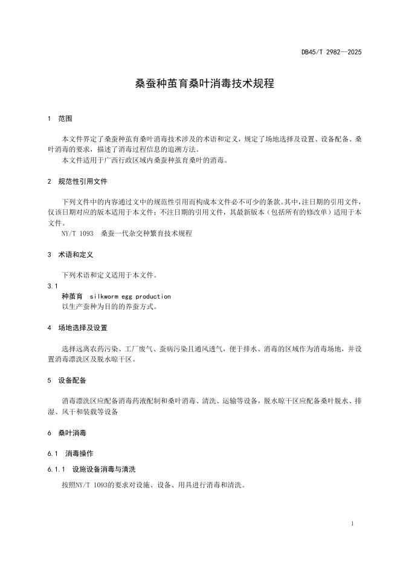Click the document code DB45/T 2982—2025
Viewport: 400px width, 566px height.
coord(332,53)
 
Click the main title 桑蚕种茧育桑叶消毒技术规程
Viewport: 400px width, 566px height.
coord(204,83)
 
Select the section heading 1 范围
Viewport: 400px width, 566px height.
coord(60,119)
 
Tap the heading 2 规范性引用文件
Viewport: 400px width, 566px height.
coord(78,181)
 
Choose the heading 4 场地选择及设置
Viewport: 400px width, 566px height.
coord(77,328)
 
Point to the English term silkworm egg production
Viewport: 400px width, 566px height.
coord(130,296)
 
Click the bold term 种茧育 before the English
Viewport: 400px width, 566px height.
coord(72,296)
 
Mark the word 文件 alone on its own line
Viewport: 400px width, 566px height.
coord(55,223)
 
